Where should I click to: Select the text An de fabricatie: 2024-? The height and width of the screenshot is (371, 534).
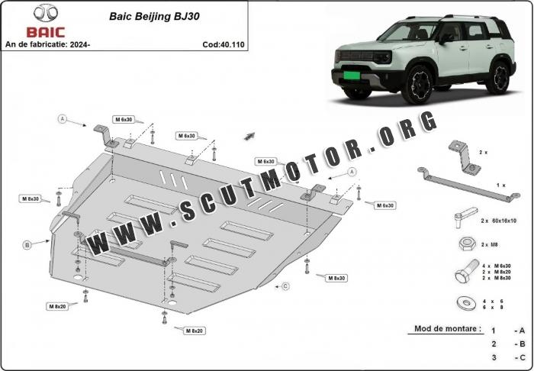tap(47, 44)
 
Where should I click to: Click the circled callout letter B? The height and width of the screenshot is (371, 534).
tap(27, 245)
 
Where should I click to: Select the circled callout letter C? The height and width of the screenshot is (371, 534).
tap(285, 286)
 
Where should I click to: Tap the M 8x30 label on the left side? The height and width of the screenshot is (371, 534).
tap(30, 198)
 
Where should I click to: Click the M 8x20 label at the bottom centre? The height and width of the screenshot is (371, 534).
tap(194, 330)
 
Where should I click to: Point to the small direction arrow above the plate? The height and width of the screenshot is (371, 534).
tap(249, 136)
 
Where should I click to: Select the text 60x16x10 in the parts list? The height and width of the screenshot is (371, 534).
tap(503, 220)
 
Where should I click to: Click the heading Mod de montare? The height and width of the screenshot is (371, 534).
tap(448, 329)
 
